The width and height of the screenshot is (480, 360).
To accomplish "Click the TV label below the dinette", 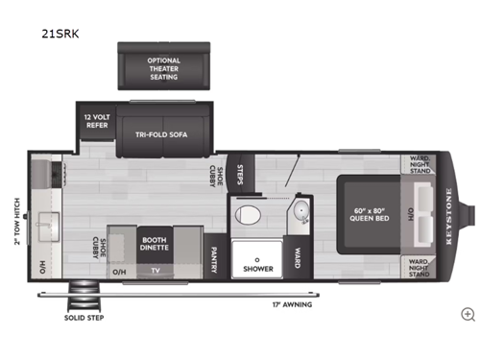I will [x=156, y=271].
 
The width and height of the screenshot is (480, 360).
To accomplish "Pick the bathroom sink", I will [x=300, y=212].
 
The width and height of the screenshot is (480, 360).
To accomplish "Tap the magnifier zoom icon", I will [x=468, y=314].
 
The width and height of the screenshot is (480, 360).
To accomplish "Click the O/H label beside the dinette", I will [x=119, y=271].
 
